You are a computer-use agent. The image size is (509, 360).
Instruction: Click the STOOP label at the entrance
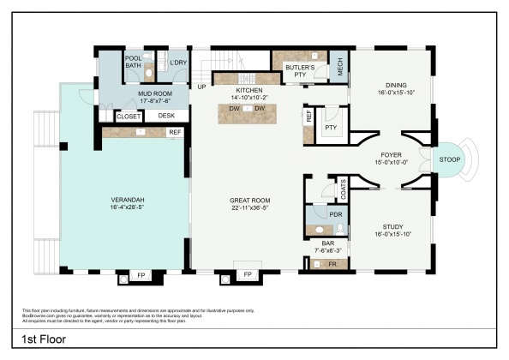[449, 159]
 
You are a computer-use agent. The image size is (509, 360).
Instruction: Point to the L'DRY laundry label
[178, 63]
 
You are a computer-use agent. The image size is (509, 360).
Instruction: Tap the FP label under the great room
[248, 274]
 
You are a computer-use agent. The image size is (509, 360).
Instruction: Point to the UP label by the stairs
[201, 87]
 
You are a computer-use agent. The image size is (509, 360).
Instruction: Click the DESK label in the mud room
[166, 116]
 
